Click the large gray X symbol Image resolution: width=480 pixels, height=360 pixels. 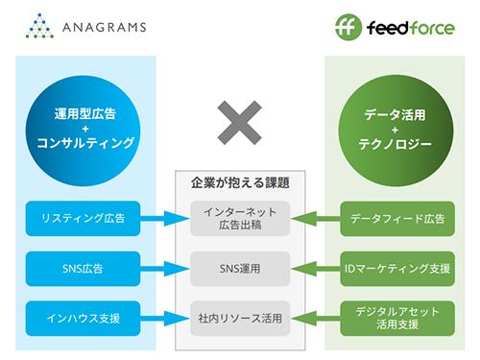click(x=239, y=126)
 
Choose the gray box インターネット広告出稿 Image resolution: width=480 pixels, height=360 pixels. click(x=240, y=218)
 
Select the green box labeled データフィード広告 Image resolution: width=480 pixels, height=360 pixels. click(x=393, y=218)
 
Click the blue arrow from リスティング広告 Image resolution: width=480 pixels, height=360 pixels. click(x=163, y=218)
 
